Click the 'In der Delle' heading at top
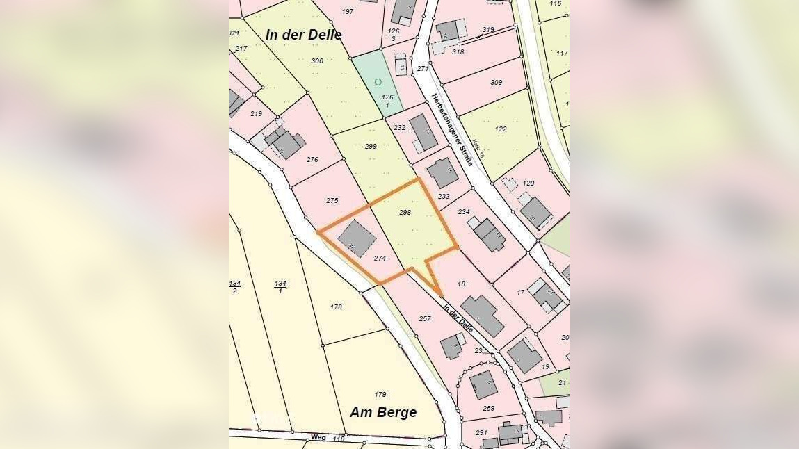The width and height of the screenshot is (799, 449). [x=304, y=35]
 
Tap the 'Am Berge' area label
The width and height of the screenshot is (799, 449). [x=383, y=412]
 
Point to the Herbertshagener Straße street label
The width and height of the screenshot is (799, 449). [x=452, y=130]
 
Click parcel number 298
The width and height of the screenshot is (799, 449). [x=405, y=212]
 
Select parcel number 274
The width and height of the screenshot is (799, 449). [x=380, y=258]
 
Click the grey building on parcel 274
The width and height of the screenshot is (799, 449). [x=357, y=238]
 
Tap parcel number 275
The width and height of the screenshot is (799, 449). [x=332, y=200]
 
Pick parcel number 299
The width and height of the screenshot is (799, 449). [x=371, y=146]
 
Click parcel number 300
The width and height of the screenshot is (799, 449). [x=317, y=61]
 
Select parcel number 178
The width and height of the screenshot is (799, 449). [x=337, y=307]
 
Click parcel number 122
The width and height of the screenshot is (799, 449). [x=501, y=129]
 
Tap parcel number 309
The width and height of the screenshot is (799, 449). [x=496, y=82]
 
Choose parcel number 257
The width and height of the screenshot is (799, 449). [x=425, y=318]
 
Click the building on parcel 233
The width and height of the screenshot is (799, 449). [x=442, y=173]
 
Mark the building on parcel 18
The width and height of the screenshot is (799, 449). [x=483, y=316]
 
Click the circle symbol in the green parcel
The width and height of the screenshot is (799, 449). [x=378, y=82]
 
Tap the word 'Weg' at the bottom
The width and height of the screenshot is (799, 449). [x=318, y=439]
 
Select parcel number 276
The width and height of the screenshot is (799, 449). [x=312, y=160]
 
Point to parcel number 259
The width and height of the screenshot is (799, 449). [x=488, y=408]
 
